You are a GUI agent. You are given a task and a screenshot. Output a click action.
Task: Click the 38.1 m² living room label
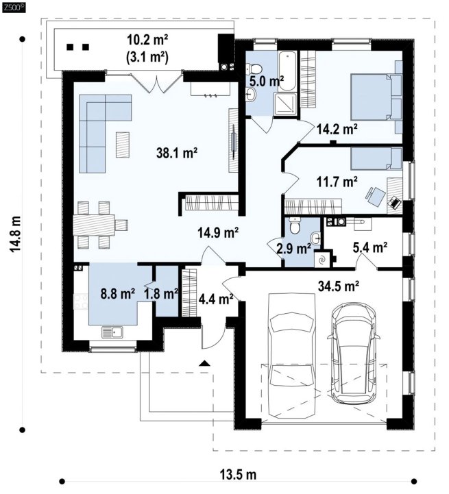click(x=177, y=153)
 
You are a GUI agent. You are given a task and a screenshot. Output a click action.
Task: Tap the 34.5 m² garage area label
click(x=339, y=286)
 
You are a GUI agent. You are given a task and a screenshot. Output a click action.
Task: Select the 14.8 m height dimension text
click(x=15, y=234)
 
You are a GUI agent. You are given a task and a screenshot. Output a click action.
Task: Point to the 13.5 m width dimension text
click(x=238, y=474)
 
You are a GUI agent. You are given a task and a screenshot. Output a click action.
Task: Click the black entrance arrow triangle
click(x=205, y=363)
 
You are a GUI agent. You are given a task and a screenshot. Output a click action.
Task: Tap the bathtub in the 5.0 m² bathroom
click(x=287, y=71)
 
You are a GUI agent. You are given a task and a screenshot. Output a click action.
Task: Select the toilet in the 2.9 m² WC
click(x=295, y=225)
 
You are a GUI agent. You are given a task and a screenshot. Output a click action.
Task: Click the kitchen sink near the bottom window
click(x=112, y=332)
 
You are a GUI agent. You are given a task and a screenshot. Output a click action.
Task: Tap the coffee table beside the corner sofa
click(x=122, y=145)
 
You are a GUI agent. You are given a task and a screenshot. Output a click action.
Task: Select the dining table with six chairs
click(x=100, y=225)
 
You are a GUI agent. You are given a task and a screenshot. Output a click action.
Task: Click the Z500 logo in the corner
click(x=14, y=8)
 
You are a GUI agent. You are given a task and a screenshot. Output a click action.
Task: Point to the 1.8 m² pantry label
click(x=161, y=294)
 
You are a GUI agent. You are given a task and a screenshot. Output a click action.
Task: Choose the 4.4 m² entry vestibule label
click(x=216, y=299)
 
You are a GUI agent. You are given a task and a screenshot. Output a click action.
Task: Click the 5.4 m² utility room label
click(x=370, y=248)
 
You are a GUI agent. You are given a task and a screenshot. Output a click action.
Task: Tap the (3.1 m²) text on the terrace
click(x=147, y=58)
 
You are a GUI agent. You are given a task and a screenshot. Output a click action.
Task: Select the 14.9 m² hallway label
click(x=218, y=233)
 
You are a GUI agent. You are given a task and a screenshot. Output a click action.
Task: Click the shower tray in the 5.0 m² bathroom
click(x=285, y=104)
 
